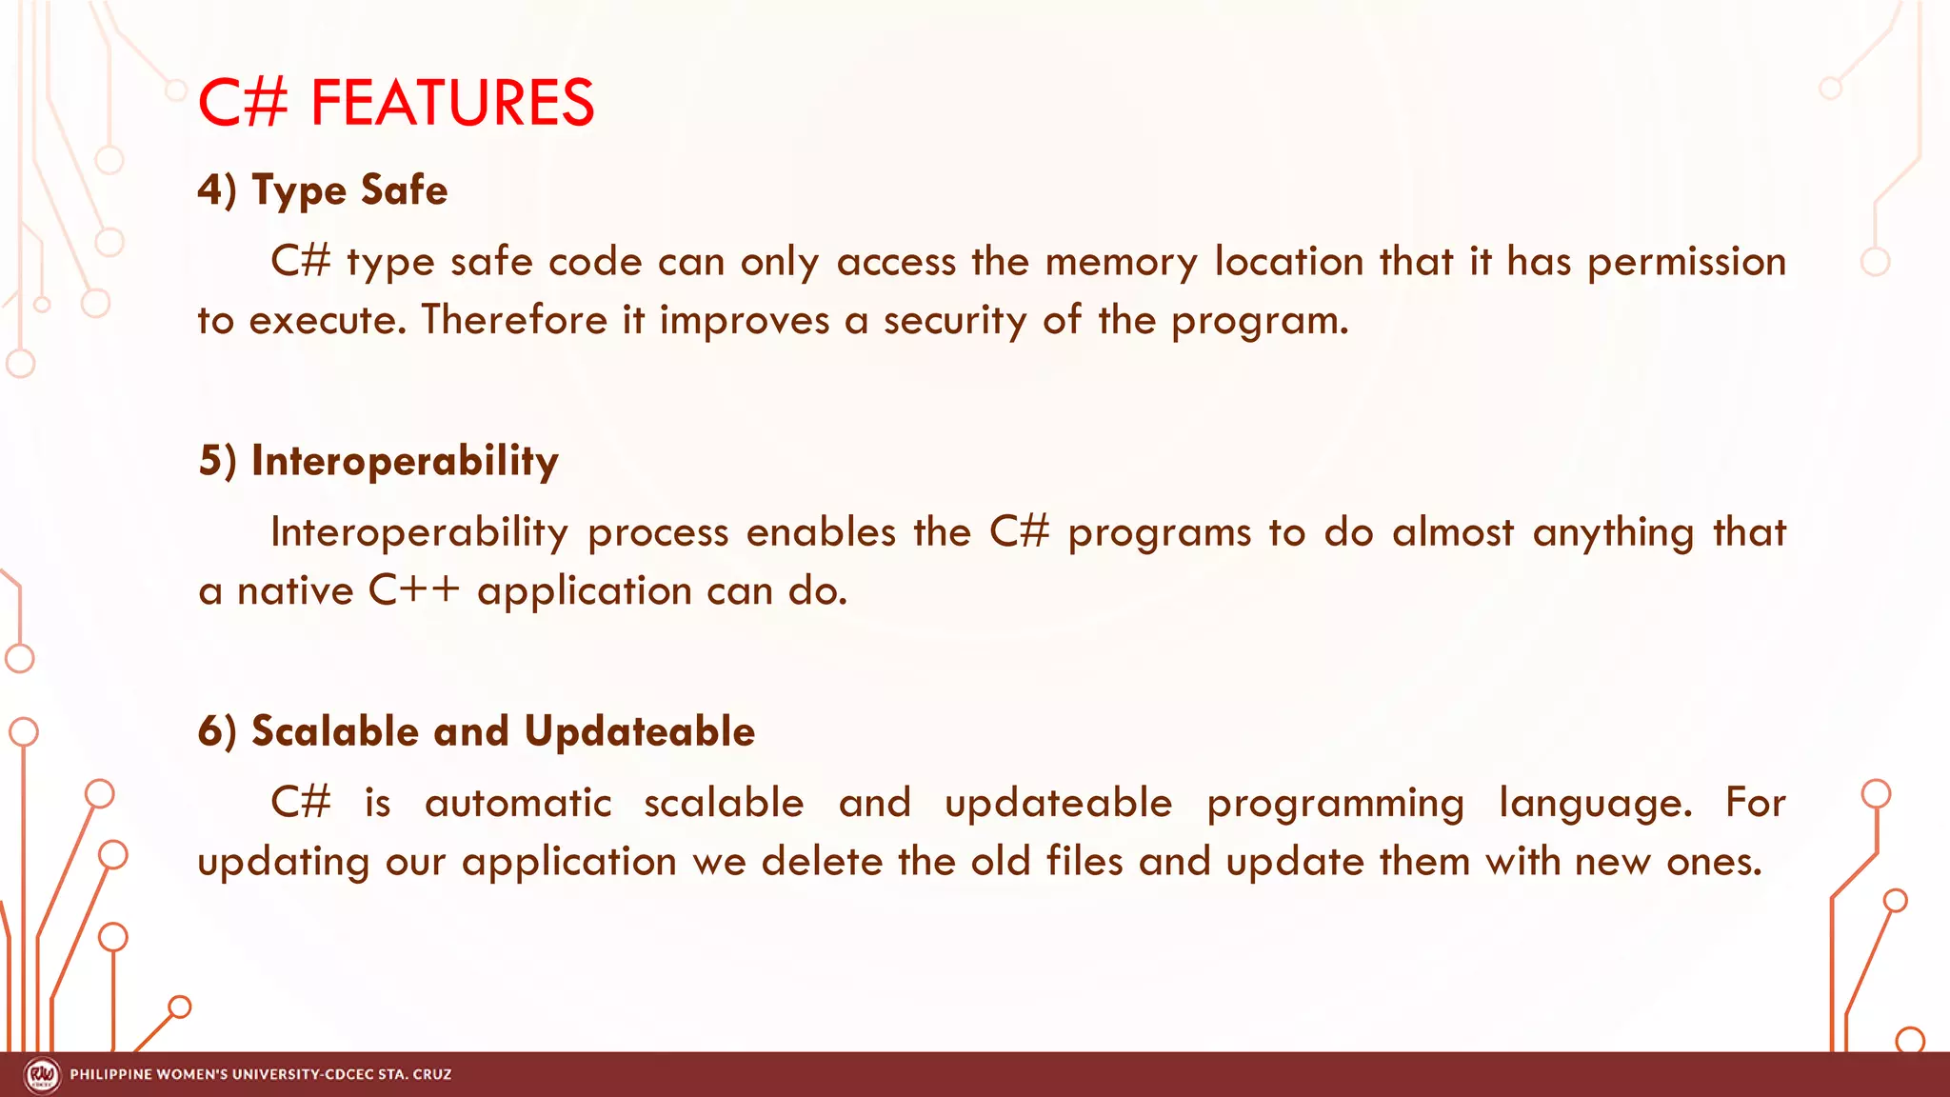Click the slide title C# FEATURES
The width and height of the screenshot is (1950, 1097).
[x=395, y=103]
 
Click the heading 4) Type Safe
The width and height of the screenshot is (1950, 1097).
[x=322, y=190]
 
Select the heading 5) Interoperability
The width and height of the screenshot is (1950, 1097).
[x=378, y=461]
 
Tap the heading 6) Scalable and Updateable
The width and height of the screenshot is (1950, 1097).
[x=476, y=731]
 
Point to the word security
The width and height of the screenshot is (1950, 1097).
[x=954, y=321]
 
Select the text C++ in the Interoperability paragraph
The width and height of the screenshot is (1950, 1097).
[x=414, y=591]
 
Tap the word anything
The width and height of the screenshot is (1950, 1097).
[x=1613, y=533]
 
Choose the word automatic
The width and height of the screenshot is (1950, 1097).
[x=518, y=803]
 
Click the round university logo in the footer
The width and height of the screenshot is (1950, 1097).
[x=42, y=1075]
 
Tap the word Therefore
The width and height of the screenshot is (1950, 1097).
[x=514, y=321]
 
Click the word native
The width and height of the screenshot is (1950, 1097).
[x=295, y=591]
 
